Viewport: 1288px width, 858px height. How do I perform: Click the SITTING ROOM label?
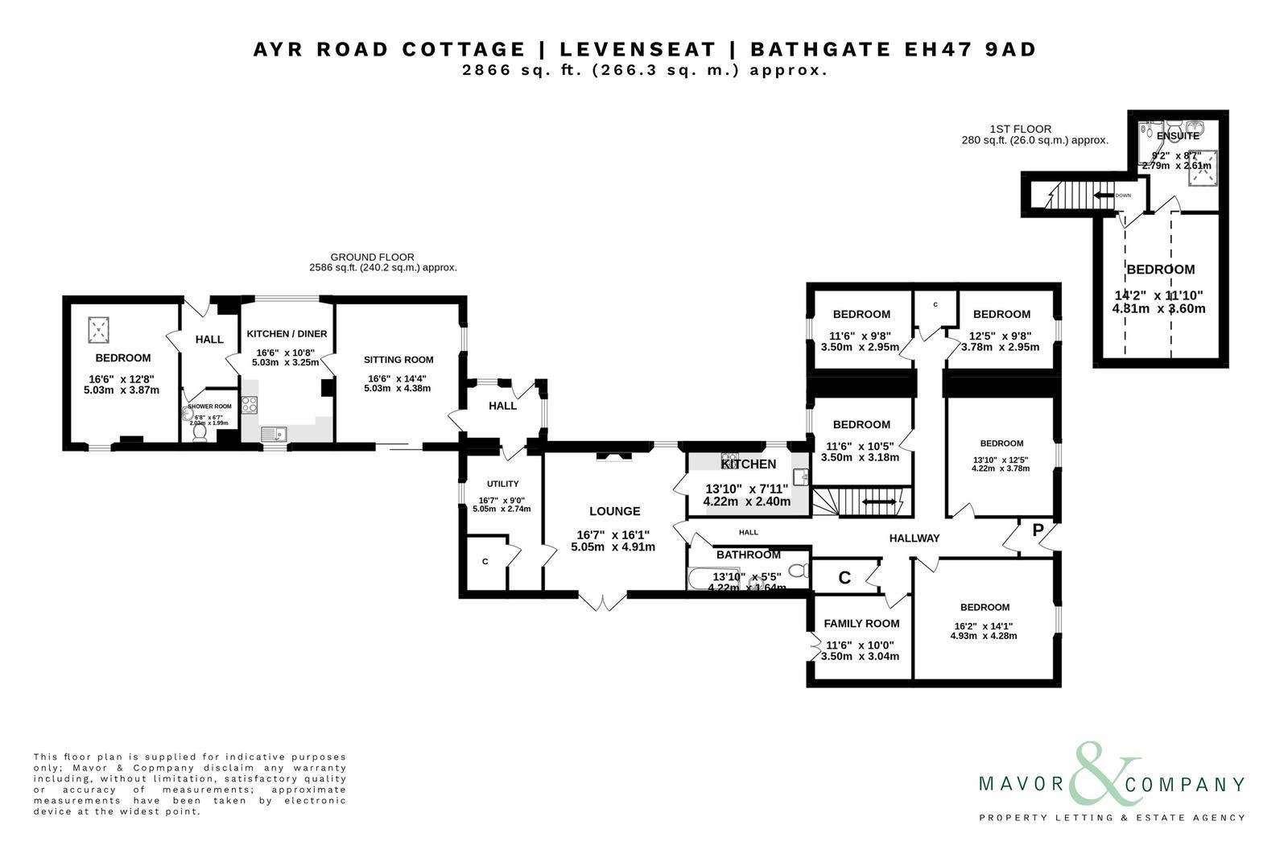(x=398, y=360)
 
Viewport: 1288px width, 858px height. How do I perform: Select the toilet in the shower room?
(x=200, y=433)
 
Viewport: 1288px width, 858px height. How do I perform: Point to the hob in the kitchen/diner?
(x=249, y=405)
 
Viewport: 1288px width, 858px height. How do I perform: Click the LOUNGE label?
(x=614, y=511)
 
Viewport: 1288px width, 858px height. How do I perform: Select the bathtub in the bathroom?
(x=712, y=578)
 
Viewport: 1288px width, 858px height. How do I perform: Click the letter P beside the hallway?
(x=1038, y=530)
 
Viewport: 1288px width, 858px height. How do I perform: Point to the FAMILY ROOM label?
(x=861, y=623)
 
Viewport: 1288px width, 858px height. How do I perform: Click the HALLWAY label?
(x=914, y=538)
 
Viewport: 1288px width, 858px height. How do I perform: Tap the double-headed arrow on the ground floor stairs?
(x=879, y=502)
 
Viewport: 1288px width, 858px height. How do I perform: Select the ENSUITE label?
(x=1178, y=136)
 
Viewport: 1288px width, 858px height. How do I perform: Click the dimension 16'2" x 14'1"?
(x=984, y=625)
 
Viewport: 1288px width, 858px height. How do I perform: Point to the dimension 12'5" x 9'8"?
(x=1001, y=336)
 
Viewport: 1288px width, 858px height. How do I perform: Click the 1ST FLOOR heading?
(x=1020, y=129)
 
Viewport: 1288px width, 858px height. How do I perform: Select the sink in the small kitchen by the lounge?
(x=800, y=477)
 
